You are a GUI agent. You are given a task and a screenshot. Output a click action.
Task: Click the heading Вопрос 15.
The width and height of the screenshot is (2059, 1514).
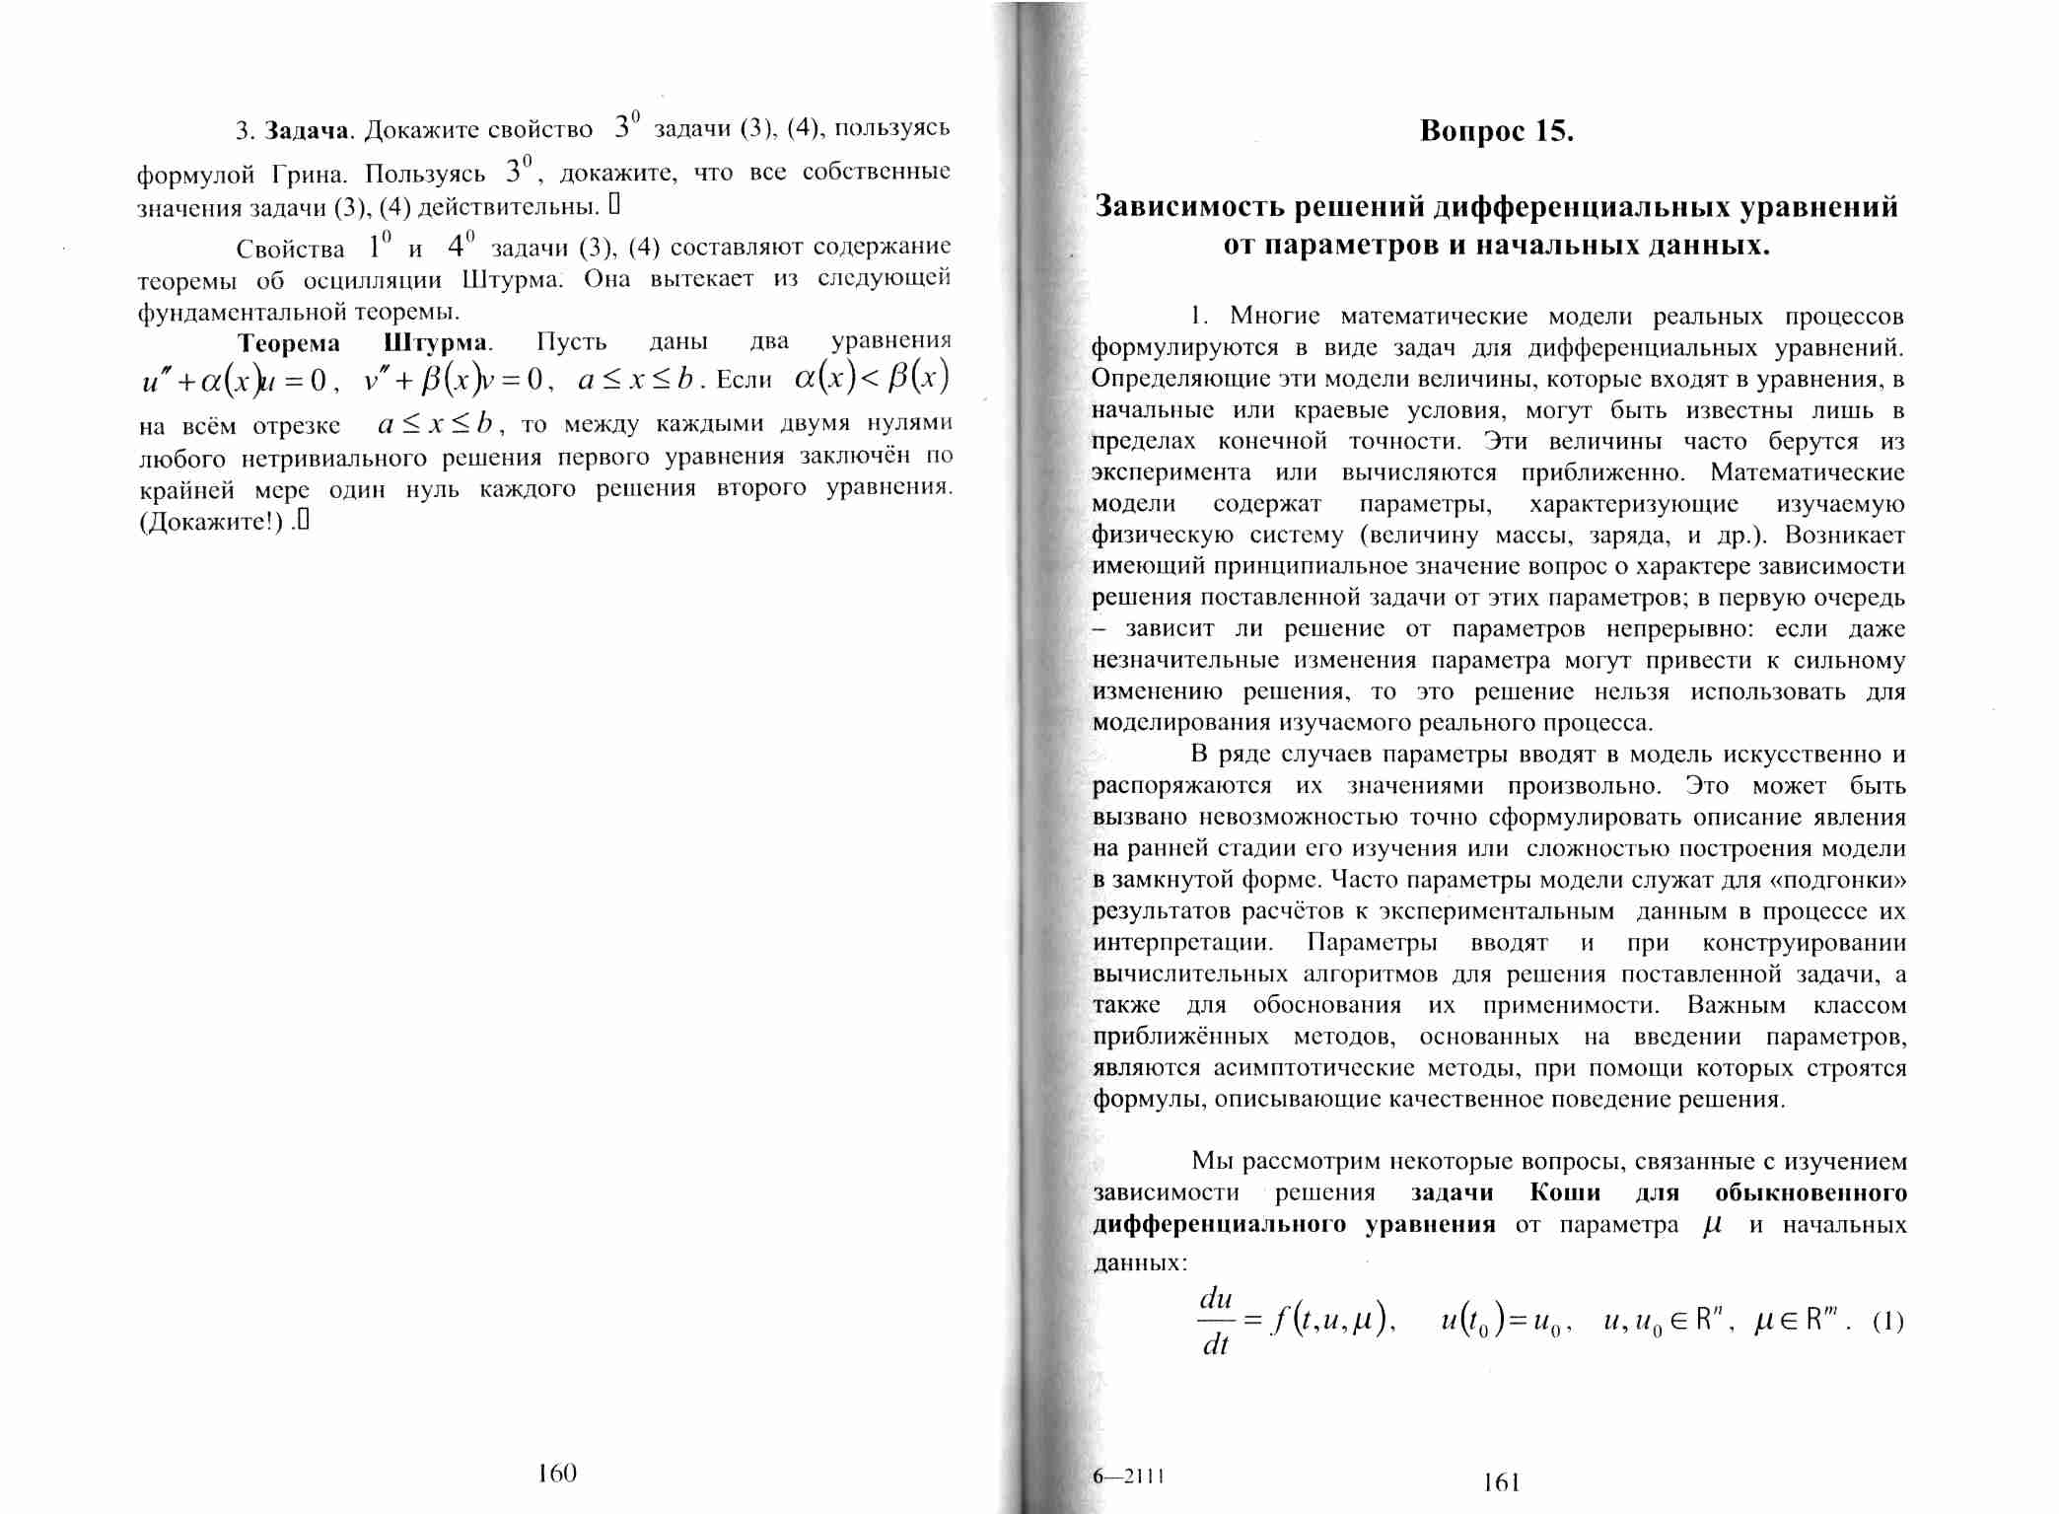1496,131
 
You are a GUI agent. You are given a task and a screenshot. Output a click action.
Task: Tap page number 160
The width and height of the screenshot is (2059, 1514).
557,1473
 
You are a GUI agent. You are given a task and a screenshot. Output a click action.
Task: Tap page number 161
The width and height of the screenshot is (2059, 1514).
1501,1481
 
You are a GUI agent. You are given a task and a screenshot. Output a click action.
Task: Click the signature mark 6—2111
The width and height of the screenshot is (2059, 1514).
1128,1476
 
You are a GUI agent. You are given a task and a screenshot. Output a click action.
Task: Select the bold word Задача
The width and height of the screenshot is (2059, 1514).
307,131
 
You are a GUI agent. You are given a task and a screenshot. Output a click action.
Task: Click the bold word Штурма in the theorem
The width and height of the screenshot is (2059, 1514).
435,343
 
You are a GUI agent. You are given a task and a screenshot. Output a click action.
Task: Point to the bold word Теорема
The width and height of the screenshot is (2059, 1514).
289,343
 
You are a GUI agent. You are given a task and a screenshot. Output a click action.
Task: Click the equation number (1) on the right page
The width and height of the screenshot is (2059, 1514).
1887,1321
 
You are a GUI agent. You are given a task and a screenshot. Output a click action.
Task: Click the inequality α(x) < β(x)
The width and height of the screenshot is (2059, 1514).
872,378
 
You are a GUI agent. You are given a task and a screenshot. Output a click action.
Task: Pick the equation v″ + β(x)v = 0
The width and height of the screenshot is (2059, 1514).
450,380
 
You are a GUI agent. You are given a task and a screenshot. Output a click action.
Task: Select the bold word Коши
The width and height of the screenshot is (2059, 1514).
1565,1192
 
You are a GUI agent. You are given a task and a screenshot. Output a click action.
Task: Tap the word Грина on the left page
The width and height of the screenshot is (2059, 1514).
309,176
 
